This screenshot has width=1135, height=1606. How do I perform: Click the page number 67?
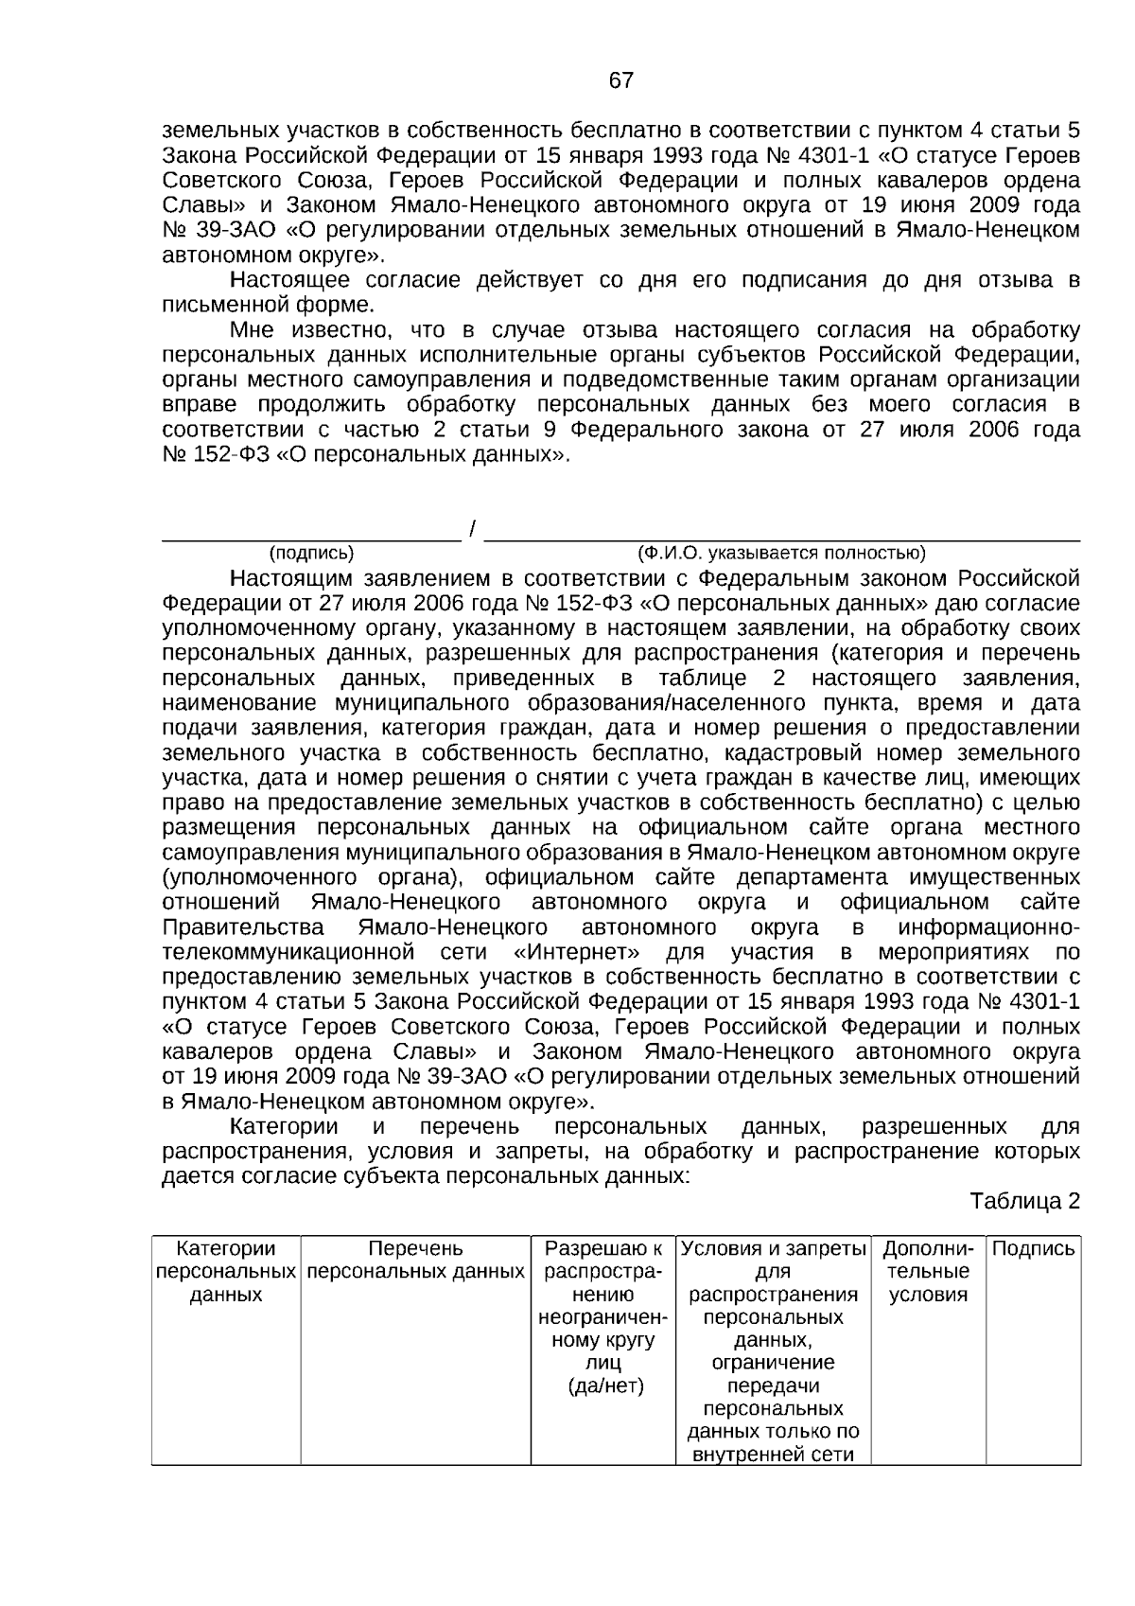click(x=620, y=81)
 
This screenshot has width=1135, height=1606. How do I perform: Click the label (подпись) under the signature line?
click(x=311, y=553)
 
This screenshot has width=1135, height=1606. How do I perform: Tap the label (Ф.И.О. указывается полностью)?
click(x=781, y=553)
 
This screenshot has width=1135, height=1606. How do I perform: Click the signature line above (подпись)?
click(x=311, y=537)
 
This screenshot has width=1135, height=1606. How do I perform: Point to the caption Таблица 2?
click(x=1024, y=1201)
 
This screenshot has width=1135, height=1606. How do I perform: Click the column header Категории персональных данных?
click(x=226, y=1271)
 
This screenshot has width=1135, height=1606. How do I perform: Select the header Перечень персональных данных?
click(x=415, y=1260)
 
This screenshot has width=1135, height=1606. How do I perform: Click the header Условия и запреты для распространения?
click(x=773, y=1271)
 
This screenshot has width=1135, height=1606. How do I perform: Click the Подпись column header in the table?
click(x=1034, y=1248)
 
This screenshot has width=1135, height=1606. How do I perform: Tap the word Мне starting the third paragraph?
click(x=251, y=330)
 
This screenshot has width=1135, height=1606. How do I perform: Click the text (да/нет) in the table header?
click(x=604, y=1385)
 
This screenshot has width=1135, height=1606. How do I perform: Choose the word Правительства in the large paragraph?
click(x=243, y=927)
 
